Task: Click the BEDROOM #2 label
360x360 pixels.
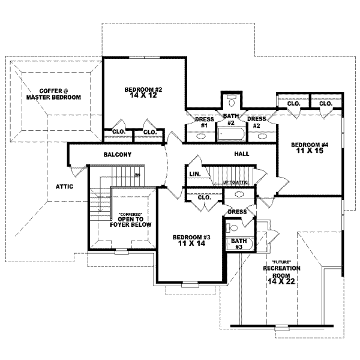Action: (143, 89)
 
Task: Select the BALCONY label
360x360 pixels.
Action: (117, 155)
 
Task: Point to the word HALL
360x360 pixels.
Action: (242, 154)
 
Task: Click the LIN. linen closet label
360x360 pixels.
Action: (194, 173)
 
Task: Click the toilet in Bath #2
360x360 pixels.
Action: (232, 101)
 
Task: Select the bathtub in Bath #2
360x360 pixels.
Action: (228, 133)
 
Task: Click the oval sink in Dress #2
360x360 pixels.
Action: (262, 136)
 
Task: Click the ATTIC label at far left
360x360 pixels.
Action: (64, 187)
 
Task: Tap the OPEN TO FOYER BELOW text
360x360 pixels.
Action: (130, 221)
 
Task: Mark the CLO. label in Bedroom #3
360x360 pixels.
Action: (204, 197)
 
